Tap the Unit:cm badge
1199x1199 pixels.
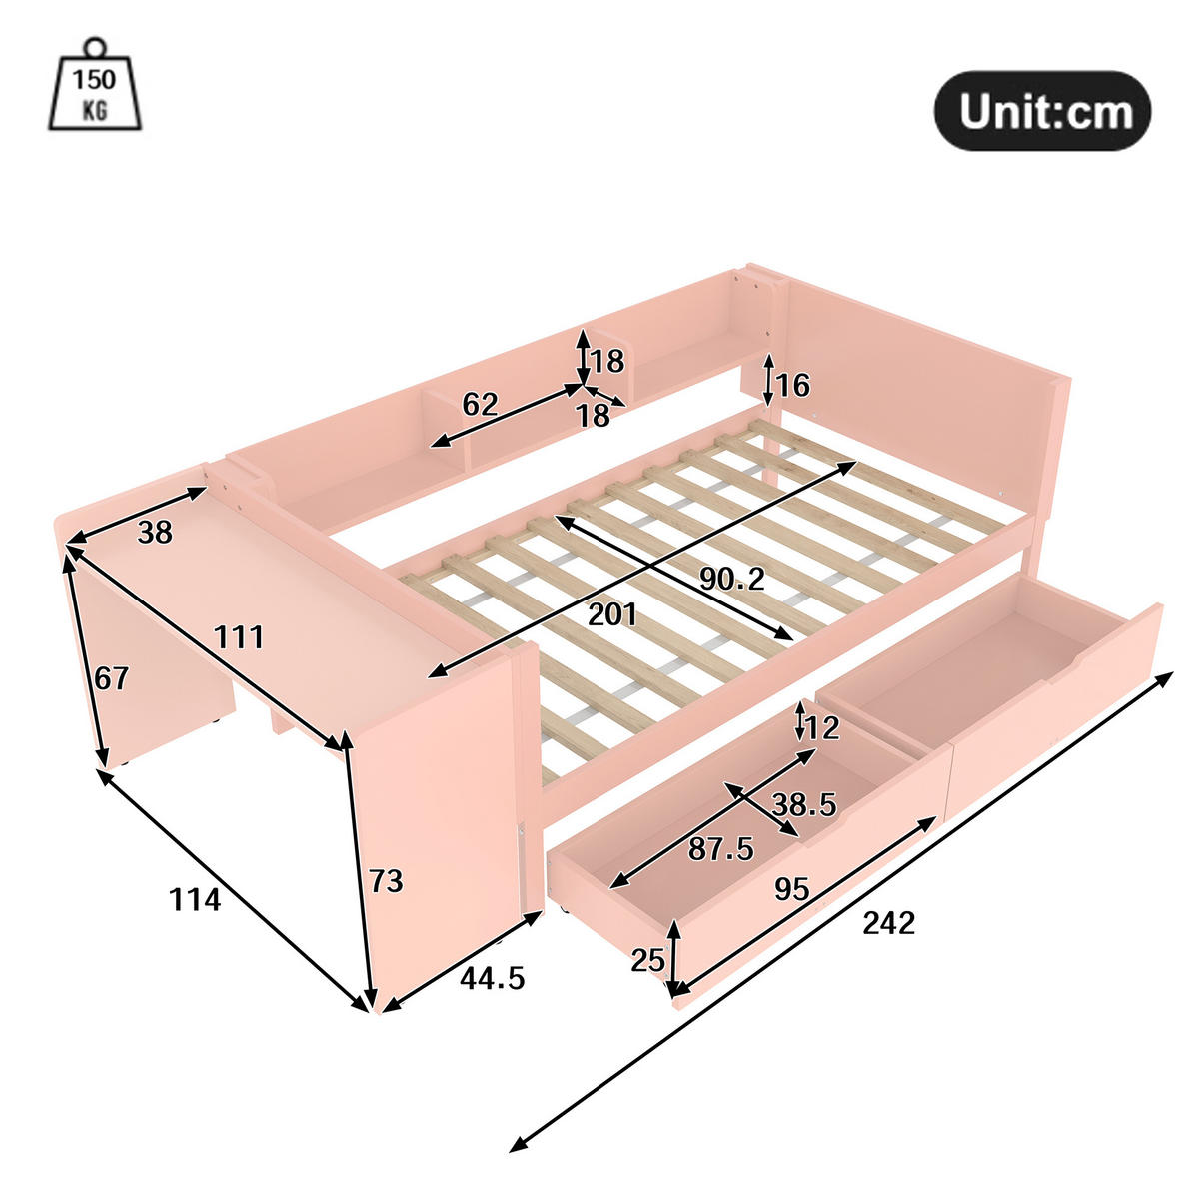(x=1042, y=111)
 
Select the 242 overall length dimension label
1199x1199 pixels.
(x=888, y=922)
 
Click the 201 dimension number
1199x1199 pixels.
(x=612, y=613)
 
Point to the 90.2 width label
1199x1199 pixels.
(x=731, y=577)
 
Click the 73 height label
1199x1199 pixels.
(x=386, y=881)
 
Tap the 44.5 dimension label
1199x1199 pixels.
(x=492, y=978)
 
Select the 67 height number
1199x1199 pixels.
(x=112, y=678)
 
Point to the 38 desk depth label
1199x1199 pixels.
(x=155, y=533)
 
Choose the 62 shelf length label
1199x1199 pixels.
(x=480, y=404)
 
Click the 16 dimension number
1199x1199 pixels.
(x=793, y=385)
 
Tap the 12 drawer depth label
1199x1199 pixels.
(x=822, y=728)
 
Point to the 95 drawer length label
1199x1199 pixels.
(x=791, y=888)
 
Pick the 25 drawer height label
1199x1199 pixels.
(x=648, y=960)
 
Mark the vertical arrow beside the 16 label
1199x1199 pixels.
(x=768, y=380)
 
